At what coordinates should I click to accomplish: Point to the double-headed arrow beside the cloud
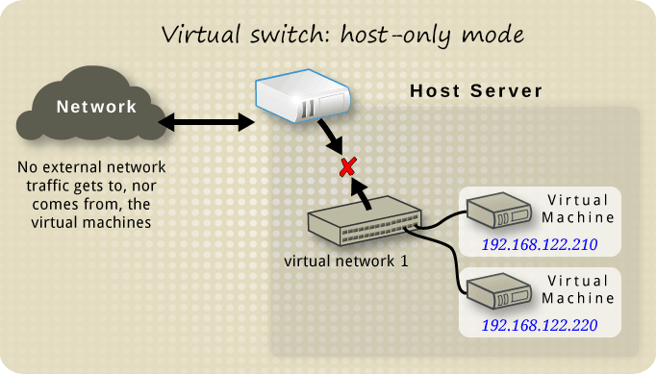click(205, 122)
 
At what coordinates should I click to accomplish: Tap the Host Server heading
click(476, 91)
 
